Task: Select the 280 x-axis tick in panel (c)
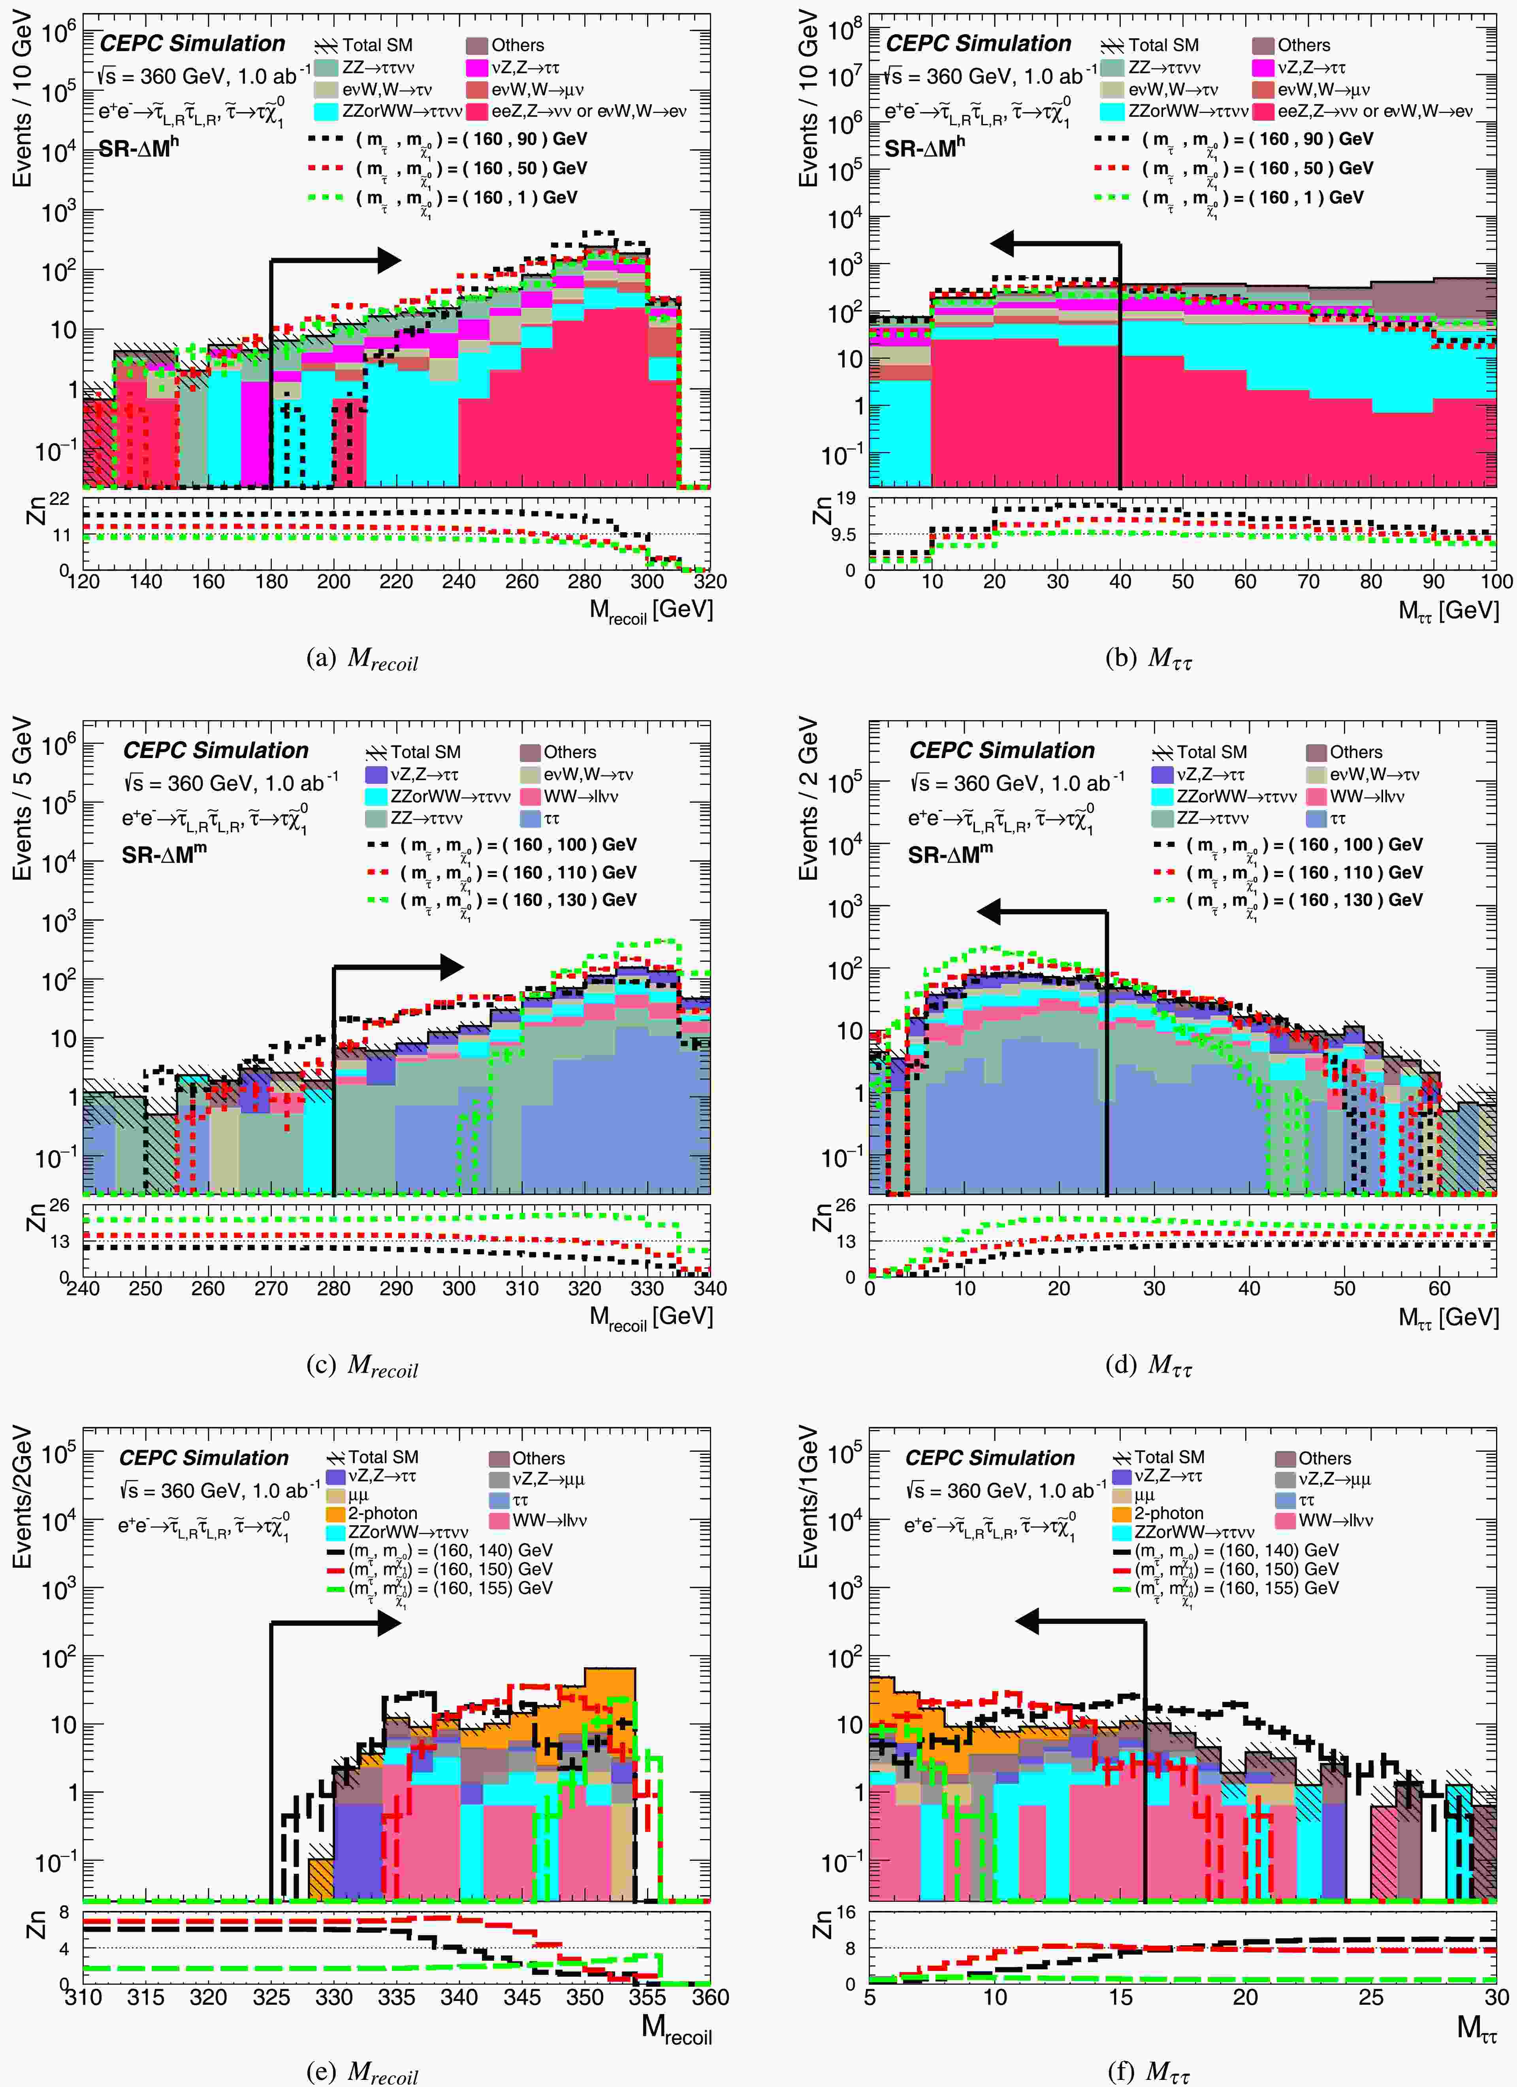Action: [333, 1288]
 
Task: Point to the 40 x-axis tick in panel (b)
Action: [1120, 582]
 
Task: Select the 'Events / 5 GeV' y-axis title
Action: [22, 799]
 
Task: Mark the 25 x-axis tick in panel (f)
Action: [1371, 1997]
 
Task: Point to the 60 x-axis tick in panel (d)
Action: [1439, 1288]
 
